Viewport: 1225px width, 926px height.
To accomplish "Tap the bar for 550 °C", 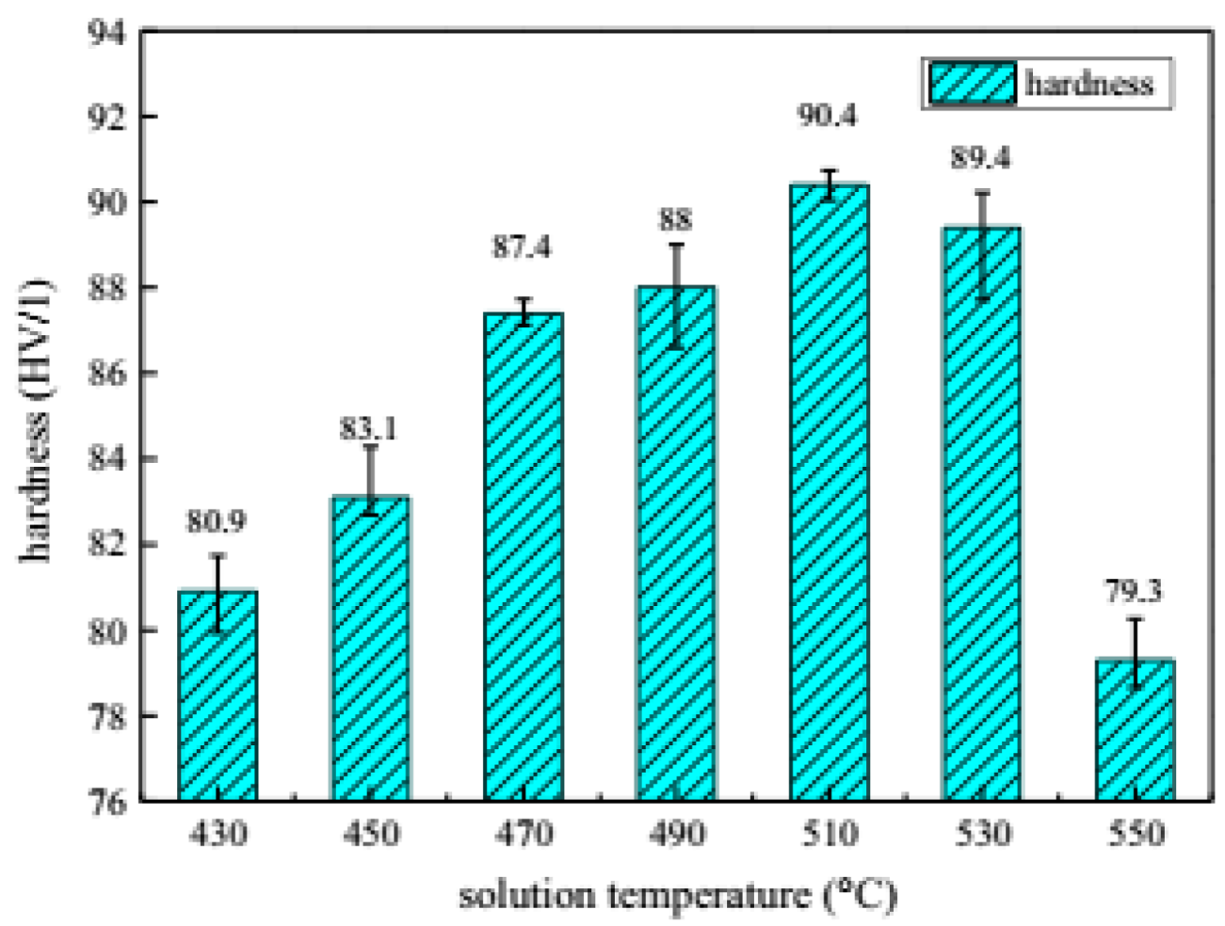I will tap(1135, 729).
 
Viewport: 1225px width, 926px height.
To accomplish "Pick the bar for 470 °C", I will tap(524, 556).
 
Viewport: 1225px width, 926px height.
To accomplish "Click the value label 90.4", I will tap(828, 116).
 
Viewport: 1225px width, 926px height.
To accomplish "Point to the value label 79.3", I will tap(1133, 591).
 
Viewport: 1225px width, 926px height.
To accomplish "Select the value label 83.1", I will tap(368, 429).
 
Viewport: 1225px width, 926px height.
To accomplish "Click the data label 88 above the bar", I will tap(675, 219).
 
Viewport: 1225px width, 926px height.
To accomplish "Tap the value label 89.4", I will tap(980, 158).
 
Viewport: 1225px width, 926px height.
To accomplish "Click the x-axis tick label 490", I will tap(676, 834).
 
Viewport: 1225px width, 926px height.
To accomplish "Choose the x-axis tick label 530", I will tap(982, 834).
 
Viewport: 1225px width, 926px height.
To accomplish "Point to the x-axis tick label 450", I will tap(371, 834).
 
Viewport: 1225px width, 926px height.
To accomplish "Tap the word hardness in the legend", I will tap(1088, 84).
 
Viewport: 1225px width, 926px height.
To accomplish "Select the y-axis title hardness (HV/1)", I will tap(36, 419).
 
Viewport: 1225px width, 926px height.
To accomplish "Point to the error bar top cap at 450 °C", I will tap(371, 446).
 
